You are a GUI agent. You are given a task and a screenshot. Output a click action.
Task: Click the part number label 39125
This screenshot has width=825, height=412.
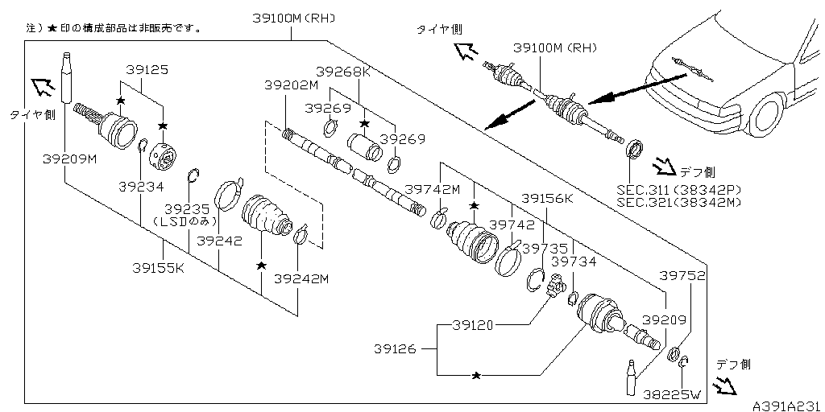[x=146, y=71]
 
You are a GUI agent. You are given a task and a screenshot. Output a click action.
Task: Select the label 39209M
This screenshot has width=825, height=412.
[x=69, y=159]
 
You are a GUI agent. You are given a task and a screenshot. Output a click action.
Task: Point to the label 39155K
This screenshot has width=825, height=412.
[x=158, y=267]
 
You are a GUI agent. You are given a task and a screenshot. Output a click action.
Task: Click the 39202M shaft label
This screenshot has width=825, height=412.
[x=292, y=84]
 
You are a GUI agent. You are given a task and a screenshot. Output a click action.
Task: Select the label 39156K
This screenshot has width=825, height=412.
[x=546, y=198]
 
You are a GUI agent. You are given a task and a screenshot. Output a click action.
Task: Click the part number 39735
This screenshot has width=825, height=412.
[x=545, y=249]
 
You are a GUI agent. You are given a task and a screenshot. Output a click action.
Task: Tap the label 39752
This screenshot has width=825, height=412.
[x=683, y=275]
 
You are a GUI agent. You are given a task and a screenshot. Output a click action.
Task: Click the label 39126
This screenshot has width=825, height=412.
[x=396, y=348]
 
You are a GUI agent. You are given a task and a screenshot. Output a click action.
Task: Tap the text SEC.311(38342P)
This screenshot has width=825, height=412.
[x=678, y=189]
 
